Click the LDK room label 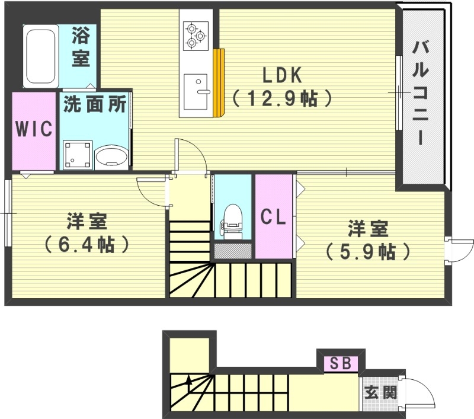click(283, 75)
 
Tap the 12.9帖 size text click(281, 98)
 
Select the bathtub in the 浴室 click(40, 56)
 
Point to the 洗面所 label click(95, 104)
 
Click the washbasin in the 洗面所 click(111, 157)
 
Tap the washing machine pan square click(78, 155)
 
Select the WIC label click(34, 129)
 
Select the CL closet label click(274, 218)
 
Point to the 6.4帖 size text click(87, 244)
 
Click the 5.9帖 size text click(367, 251)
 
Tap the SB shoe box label click(340, 363)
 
